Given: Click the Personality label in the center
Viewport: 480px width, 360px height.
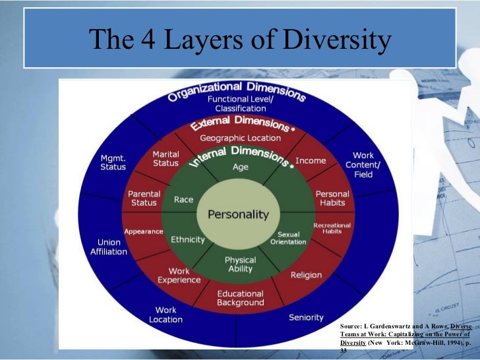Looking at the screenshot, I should (239, 214).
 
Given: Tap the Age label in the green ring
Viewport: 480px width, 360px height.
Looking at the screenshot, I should (241, 167).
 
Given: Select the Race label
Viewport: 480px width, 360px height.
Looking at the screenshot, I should (183, 199).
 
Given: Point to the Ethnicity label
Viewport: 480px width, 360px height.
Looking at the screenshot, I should (187, 239).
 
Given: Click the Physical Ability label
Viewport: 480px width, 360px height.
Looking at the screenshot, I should (240, 264).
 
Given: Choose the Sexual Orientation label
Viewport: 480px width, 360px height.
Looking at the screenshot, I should (289, 238).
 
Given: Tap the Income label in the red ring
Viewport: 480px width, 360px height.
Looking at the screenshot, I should (311, 161).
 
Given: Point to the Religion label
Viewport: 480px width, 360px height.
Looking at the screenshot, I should (307, 275).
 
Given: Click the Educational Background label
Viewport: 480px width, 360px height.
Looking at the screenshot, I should (240, 298).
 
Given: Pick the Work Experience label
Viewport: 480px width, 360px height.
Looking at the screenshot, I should (179, 276).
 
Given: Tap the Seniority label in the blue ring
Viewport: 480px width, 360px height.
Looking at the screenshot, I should (306, 318).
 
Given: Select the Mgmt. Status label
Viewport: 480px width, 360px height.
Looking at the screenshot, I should (113, 163).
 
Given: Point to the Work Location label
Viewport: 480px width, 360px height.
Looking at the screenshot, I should (165, 315).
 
